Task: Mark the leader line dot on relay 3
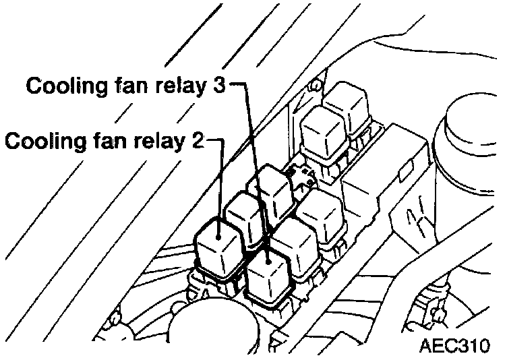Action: [x=269, y=256]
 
